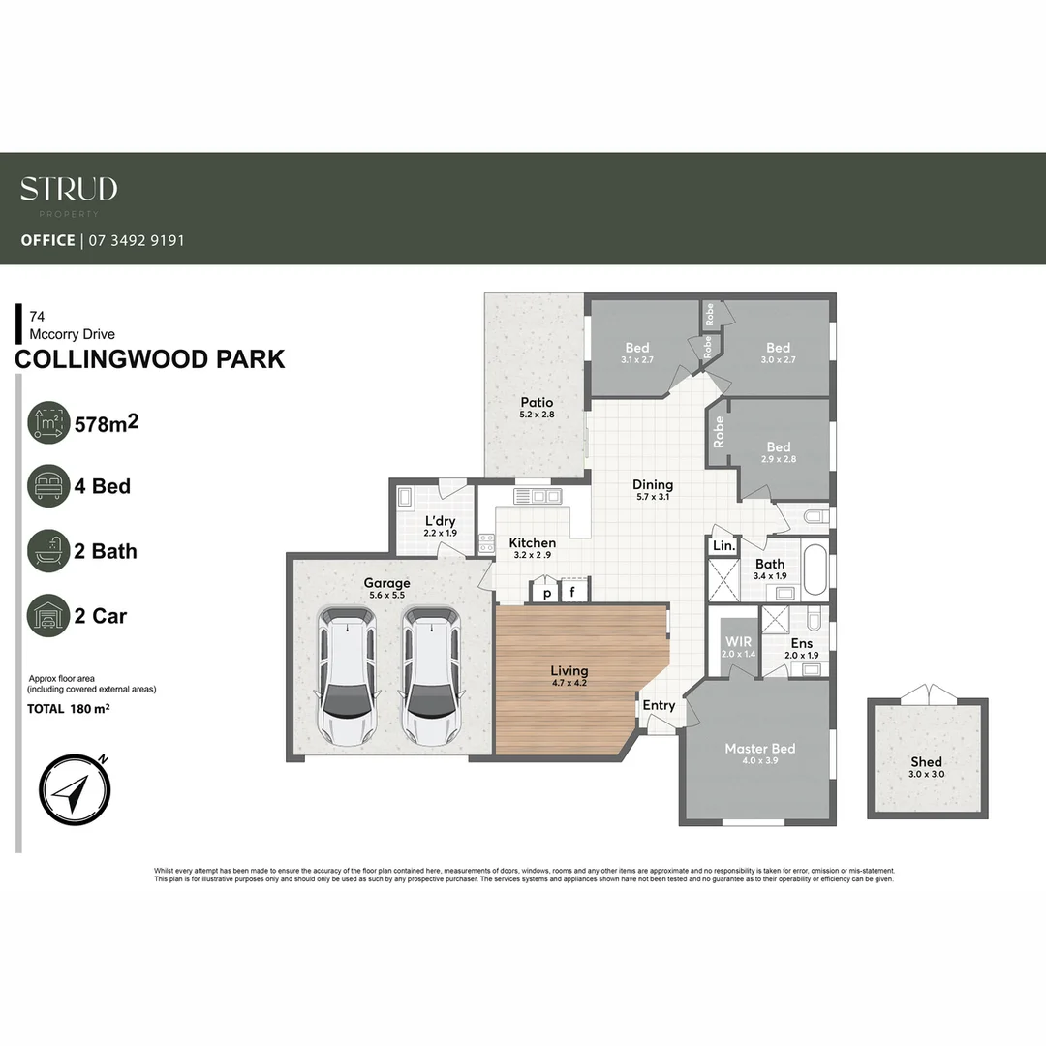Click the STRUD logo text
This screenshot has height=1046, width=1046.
tap(69, 189)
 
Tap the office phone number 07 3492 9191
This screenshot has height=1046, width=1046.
tap(136, 240)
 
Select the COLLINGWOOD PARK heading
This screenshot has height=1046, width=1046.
tap(150, 359)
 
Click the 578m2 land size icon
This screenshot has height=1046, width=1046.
tap(48, 422)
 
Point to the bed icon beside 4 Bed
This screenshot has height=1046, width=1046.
tap(48, 485)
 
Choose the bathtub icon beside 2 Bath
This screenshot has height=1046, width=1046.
tap(48, 551)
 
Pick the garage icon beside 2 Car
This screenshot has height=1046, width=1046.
tap(48, 615)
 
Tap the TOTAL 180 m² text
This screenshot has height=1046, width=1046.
tap(68, 709)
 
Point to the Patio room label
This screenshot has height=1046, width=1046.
tap(536, 402)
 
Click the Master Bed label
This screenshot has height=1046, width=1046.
tap(760, 749)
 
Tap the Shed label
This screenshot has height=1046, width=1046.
tap(926, 762)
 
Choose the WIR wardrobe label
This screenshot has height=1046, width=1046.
tap(738, 642)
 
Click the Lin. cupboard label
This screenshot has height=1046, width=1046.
tap(723, 546)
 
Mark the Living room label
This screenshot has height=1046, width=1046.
tap(569, 670)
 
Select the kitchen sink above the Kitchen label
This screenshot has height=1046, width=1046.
tap(538, 497)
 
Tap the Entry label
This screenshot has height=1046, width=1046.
tap(659, 705)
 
